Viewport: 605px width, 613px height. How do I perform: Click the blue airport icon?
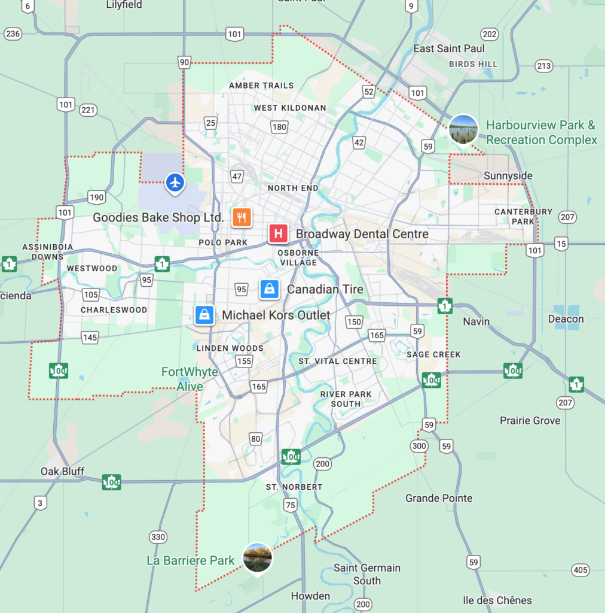click(x=175, y=182)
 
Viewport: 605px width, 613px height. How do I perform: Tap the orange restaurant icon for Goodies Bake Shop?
click(x=242, y=217)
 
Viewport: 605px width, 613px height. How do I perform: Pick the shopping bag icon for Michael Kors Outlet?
click(x=204, y=314)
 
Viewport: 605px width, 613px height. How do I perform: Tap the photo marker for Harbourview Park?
click(x=463, y=129)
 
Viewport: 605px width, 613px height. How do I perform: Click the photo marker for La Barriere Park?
click(x=258, y=557)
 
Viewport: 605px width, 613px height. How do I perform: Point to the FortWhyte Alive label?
click(x=190, y=379)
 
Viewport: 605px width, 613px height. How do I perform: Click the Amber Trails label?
click(x=261, y=86)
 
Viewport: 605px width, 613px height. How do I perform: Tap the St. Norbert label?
click(x=294, y=487)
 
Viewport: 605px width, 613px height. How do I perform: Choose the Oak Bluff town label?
click(x=62, y=471)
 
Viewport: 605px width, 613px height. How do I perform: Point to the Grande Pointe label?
click(x=439, y=498)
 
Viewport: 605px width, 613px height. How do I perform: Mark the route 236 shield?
click(x=12, y=34)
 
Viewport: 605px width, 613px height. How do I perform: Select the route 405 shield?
click(x=580, y=569)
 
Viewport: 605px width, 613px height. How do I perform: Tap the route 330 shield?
click(x=158, y=537)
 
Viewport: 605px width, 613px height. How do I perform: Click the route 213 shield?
click(x=544, y=66)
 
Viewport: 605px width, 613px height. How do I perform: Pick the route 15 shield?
click(x=561, y=243)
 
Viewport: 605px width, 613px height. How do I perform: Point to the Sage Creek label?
click(x=433, y=354)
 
